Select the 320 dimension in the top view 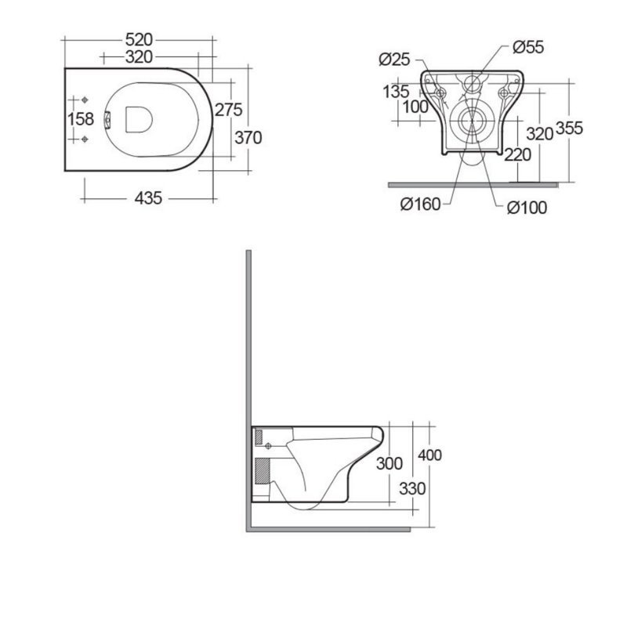139,56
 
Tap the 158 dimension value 81,120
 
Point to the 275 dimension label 227,109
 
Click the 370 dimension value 247,137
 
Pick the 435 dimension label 148,198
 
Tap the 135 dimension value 395,91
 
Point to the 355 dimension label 569,129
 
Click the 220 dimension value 518,154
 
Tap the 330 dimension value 411,488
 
